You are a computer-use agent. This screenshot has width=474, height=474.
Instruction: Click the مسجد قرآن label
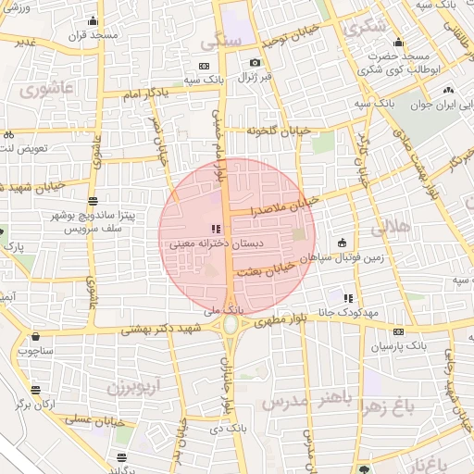pyautogui.click(x=92, y=34)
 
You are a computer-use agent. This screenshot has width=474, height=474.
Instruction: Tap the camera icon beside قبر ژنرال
pyautogui.click(x=255, y=63)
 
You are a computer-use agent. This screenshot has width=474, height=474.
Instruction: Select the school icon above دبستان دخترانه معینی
pyautogui.click(x=215, y=229)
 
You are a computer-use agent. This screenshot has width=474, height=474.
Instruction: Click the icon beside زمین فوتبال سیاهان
pyautogui.click(x=343, y=243)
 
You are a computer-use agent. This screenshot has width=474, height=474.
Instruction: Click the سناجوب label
pyautogui.click(x=35, y=351)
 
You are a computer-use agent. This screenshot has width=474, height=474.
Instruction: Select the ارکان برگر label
pyautogui.click(x=37, y=405)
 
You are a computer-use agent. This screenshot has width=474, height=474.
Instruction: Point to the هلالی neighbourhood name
pyautogui.click(x=389, y=226)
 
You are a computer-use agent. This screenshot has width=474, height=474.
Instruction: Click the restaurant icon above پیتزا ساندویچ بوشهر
pyautogui.click(x=92, y=201)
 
